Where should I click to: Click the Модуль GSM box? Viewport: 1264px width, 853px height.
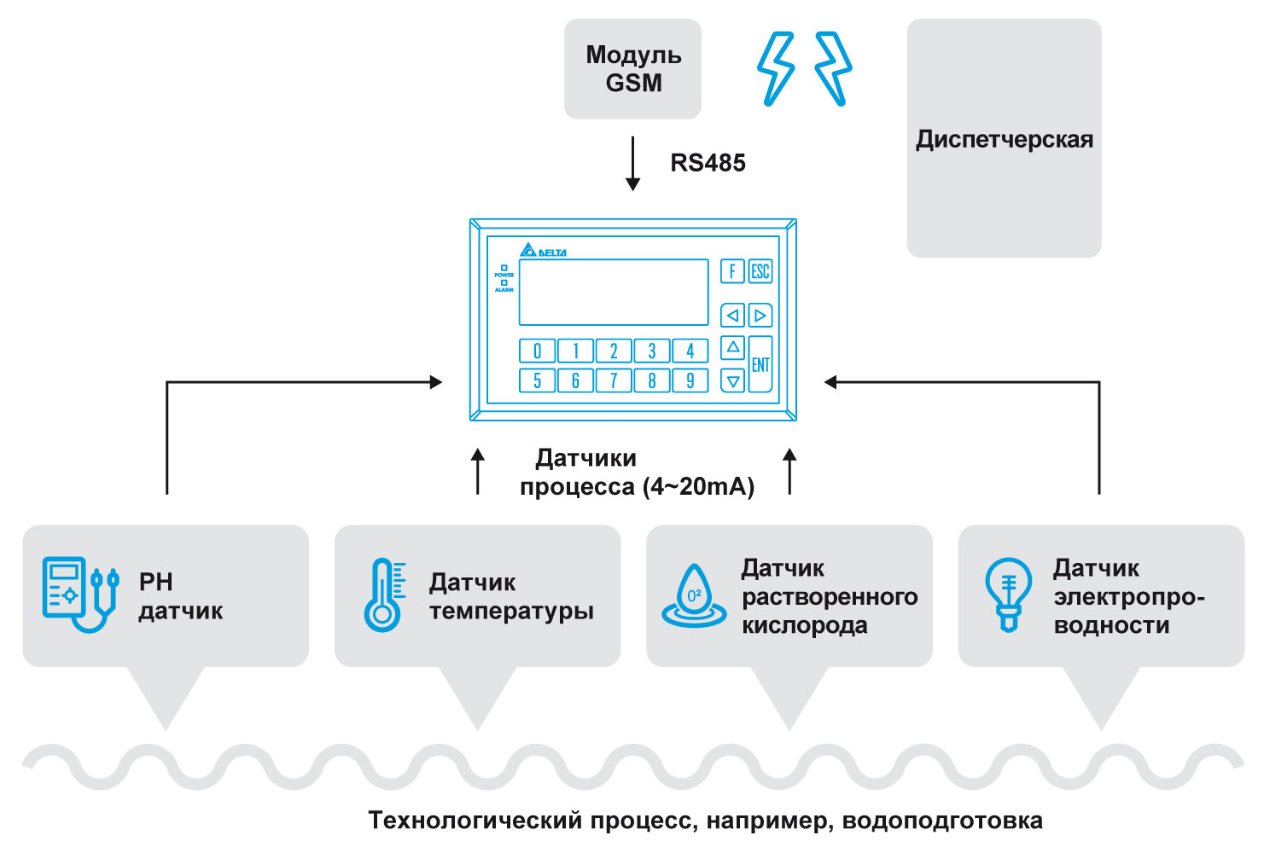tap(632, 69)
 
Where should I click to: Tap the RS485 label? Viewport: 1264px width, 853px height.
tap(708, 163)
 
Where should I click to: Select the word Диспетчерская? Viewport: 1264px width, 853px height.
tap(1004, 140)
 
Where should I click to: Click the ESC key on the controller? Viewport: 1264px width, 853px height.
tap(760, 271)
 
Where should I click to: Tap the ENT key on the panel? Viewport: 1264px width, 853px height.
tap(760, 364)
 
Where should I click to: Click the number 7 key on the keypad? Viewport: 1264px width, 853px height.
tap(614, 380)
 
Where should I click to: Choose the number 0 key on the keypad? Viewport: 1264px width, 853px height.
tap(537, 351)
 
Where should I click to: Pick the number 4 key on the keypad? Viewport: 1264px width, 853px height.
tap(690, 351)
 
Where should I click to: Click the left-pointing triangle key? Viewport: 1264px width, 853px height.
tap(732, 316)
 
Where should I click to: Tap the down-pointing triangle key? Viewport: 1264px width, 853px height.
tap(732, 380)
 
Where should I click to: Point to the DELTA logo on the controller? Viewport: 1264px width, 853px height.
tap(543, 250)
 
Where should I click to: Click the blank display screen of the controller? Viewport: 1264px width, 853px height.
tap(614, 293)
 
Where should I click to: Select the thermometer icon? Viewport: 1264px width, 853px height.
tap(385, 595)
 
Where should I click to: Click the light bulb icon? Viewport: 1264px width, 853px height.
tap(1008, 595)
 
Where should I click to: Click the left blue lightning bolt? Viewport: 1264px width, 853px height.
tap(776, 69)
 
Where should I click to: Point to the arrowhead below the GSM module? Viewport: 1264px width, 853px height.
tap(632, 184)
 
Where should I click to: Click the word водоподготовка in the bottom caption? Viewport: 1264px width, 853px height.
tap(942, 821)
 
